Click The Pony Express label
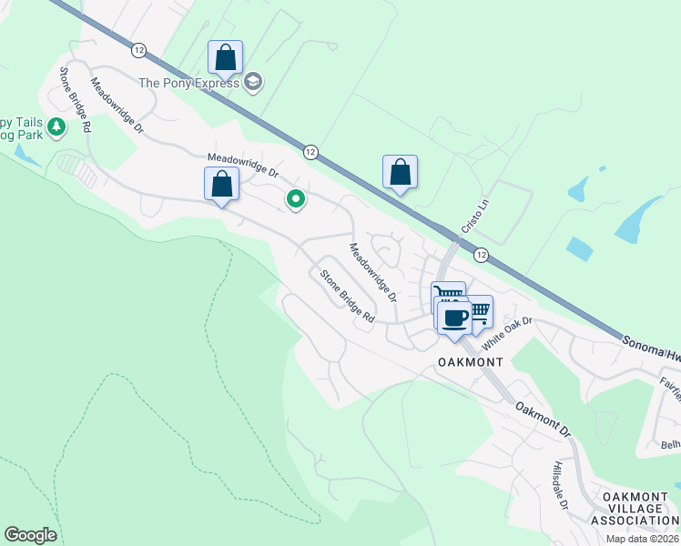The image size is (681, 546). (x=188, y=83)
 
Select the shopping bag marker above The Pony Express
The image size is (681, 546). (x=226, y=58)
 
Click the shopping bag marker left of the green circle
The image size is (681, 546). (x=221, y=185)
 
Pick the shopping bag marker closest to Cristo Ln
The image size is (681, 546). (x=400, y=172)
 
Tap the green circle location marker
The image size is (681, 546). (x=295, y=197)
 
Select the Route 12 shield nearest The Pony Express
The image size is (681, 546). (x=138, y=49)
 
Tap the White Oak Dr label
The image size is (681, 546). (x=506, y=334)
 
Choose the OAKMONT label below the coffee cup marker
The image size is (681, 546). (x=471, y=361)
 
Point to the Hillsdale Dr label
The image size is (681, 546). (x=559, y=486)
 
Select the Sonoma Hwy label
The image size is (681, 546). (x=650, y=345)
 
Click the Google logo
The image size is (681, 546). (x=30, y=535)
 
